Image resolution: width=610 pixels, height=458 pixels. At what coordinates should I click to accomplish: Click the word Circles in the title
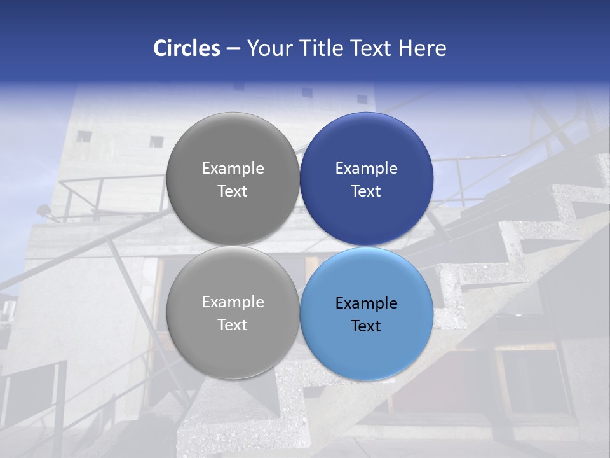[186, 48]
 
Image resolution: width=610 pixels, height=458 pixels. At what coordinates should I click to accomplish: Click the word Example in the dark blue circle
[366, 168]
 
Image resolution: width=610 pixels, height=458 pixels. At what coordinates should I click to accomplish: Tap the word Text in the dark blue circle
[366, 191]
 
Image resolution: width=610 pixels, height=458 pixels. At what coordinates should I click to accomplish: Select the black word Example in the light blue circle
[366, 303]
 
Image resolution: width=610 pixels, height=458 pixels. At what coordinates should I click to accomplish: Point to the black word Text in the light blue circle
[366, 326]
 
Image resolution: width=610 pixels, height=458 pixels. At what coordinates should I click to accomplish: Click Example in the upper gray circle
[233, 168]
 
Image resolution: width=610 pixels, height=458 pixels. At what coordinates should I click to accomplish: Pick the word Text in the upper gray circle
[233, 191]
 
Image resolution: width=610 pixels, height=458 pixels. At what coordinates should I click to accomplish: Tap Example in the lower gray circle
[233, 302]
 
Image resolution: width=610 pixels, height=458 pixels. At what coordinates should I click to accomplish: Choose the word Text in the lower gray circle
[233, 324]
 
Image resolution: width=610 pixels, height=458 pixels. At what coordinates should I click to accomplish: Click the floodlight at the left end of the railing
[44, 210]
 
